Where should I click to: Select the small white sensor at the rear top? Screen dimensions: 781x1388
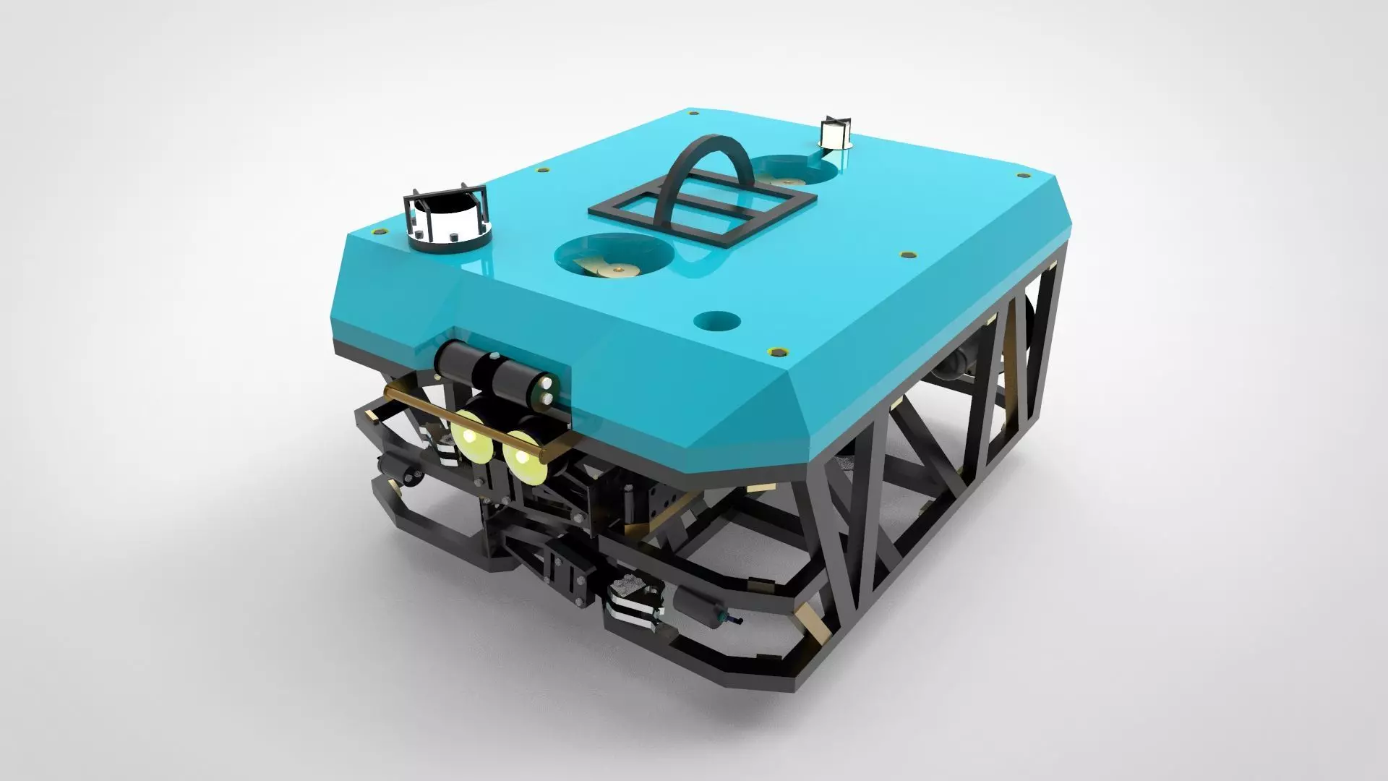pos(834,134)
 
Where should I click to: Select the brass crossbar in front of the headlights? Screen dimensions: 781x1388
pos(477,419)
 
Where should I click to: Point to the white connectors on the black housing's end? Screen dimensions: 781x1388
pos(547,391)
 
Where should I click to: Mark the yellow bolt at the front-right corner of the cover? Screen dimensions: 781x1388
pos(779,351)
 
